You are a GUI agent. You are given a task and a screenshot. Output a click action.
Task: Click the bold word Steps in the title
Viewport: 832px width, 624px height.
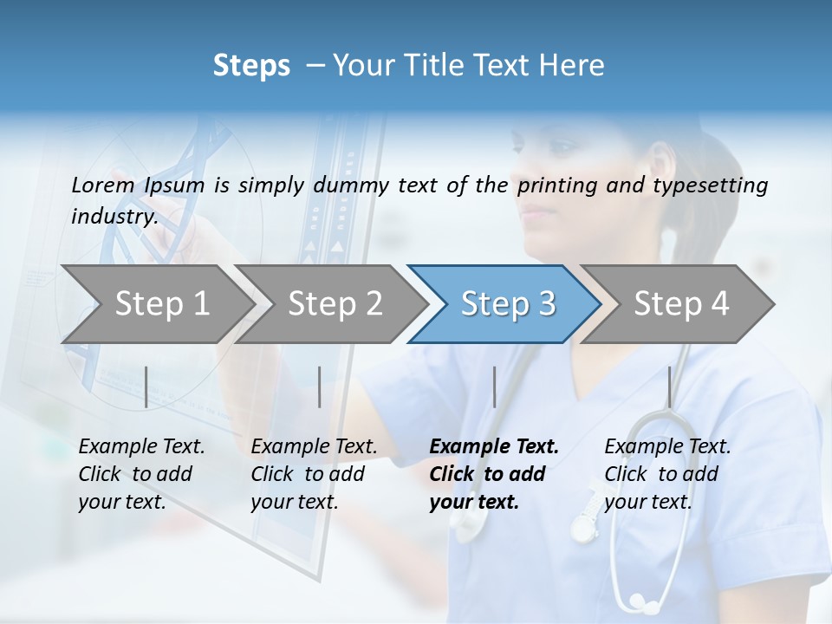[251, 66]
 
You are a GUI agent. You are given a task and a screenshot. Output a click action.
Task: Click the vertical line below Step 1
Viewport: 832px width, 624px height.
[146, 387]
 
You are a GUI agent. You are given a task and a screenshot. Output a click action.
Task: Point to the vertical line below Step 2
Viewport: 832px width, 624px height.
[320, 387]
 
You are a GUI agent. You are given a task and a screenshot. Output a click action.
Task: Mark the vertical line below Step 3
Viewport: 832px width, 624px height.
[494, 387]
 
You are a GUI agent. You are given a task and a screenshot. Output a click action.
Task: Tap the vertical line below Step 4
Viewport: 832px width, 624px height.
[669, 387]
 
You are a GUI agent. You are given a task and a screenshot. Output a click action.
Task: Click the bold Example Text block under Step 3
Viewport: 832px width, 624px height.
[494, 474]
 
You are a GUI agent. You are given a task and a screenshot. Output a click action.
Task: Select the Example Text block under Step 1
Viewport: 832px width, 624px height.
[141, 474]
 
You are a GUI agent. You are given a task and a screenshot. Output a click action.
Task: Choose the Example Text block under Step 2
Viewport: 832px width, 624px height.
[314, 474]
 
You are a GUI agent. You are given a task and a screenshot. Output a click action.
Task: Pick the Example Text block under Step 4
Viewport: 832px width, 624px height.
[667, 474]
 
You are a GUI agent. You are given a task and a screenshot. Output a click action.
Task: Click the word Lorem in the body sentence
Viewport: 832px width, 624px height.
[103, 185]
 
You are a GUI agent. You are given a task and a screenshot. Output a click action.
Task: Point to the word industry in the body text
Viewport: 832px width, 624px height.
[114, 216]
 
